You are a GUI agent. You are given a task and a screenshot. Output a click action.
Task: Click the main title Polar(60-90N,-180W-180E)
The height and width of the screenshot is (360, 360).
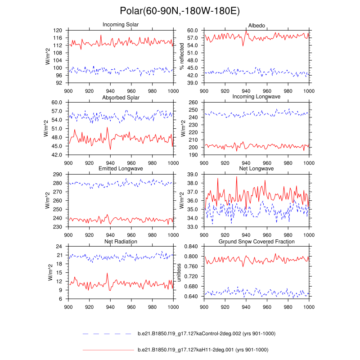180,11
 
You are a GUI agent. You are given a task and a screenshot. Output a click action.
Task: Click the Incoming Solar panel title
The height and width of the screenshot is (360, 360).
121,24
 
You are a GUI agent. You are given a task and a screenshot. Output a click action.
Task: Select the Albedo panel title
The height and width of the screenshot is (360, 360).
256,24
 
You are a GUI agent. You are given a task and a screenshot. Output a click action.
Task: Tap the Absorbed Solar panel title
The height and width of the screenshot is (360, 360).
121,97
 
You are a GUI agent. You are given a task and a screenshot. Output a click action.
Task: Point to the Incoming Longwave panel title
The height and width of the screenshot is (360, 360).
256,97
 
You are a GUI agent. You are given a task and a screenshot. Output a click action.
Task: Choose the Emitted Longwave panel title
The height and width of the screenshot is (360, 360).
121,169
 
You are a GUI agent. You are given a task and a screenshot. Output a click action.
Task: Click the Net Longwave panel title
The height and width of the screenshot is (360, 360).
256,169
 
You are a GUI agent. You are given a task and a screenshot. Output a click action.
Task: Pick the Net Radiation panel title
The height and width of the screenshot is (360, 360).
121,242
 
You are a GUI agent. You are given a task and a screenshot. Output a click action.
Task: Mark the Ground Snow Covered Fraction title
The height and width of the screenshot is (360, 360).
256,242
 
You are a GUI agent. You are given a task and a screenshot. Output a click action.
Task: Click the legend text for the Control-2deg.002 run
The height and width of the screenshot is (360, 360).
206,333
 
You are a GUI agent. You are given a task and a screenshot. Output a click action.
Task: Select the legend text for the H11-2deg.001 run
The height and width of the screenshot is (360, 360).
202,349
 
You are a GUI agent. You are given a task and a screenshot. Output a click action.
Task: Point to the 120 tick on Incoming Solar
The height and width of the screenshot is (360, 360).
58,30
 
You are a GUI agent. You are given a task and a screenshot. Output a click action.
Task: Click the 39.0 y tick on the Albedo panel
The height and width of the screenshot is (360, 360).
193,83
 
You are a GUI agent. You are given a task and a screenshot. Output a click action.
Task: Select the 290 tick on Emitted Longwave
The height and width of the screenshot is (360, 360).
58,175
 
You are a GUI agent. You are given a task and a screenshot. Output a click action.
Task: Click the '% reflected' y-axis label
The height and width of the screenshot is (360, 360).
182,56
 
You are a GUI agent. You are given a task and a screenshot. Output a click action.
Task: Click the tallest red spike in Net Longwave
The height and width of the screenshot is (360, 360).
237,177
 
